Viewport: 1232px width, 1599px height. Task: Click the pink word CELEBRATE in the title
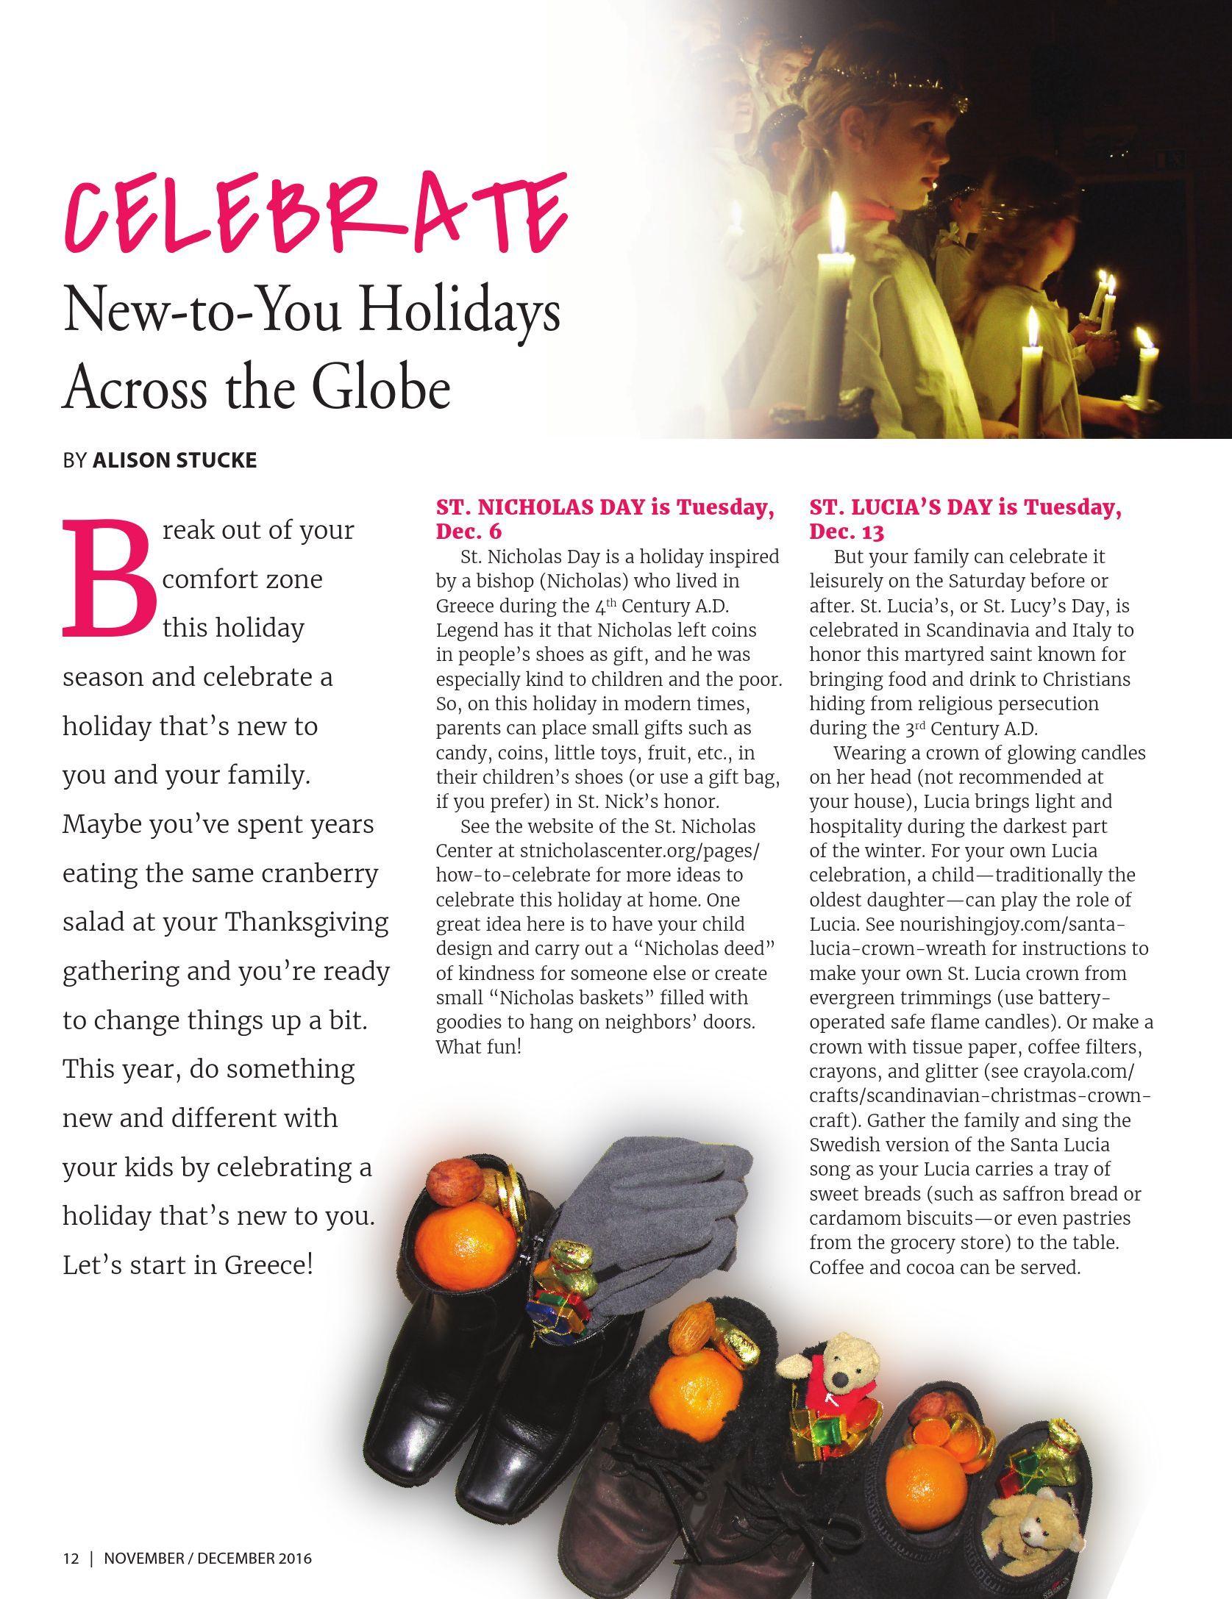pos(316,213)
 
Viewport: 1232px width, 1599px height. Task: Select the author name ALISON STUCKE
pos(174,461)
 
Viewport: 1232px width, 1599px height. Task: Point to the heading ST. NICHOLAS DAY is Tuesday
pos(605,507)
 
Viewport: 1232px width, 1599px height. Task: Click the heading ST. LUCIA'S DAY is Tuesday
pos(965,507)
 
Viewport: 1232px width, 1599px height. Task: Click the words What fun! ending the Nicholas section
pos(478,1046)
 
